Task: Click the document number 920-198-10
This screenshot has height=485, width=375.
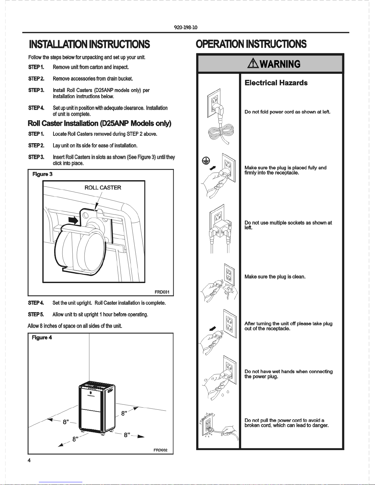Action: click(x=186, y=27)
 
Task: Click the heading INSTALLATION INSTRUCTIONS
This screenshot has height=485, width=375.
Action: click(x=89, y=44)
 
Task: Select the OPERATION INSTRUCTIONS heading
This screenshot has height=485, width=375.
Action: click(x=251, y=44)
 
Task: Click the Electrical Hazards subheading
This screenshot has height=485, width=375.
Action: click(x=276, y=83)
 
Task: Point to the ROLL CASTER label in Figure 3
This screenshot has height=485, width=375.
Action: click(x=103, y=188)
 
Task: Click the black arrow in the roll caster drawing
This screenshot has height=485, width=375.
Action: click(x=73, y=220)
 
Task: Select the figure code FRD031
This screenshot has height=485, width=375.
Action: click(x=162, y=292)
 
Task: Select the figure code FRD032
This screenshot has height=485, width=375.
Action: click(x=160, y=450)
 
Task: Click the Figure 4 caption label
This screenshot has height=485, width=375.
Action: click(x=42, y=338)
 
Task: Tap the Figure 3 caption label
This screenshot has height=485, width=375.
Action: click(x=42, y=174)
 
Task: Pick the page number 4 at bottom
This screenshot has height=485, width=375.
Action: click(x=29, y=461)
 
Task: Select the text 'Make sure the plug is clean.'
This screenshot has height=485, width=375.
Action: click(x=275, y=277)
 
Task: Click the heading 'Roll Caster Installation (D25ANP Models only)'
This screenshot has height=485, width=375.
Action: click(x=99, y=123)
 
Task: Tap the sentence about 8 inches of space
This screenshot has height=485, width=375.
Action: click(x=75, y=326)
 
